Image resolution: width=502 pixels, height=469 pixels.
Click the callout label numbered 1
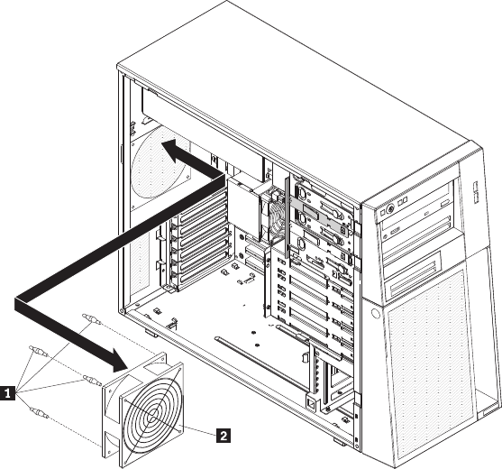coord(7,393)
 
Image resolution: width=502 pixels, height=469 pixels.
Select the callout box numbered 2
coord(224,436)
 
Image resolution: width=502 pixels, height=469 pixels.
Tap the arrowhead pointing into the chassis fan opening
coord(174,150)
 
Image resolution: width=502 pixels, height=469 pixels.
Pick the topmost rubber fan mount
coord(92,318)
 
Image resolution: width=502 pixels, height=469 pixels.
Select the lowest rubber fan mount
coord(39,412)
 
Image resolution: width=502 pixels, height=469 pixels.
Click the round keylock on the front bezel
coord(389,209)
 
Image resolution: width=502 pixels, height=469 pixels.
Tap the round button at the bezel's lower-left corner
coord(376,313)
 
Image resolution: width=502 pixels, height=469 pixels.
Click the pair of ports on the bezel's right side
coord(476,192)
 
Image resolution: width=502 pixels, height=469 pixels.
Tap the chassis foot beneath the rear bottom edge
coord(151,334)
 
